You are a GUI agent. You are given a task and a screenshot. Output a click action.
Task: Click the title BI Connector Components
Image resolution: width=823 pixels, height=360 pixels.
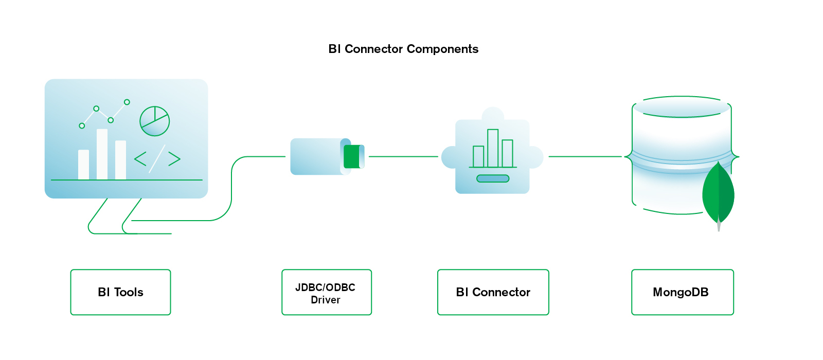pos(403,49)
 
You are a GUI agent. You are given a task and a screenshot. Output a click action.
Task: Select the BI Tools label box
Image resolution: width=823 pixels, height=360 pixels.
pos(120,292)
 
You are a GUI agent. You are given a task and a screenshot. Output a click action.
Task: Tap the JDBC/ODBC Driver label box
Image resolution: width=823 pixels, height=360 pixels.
pos(326,292)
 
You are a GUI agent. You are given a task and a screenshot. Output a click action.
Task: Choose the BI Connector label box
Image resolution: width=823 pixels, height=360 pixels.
pos(493,292)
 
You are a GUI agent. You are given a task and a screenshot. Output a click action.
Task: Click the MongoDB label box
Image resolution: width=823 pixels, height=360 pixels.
pos(682,292)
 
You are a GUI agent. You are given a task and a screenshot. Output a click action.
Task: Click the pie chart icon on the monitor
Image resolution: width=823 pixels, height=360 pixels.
pos(154,121)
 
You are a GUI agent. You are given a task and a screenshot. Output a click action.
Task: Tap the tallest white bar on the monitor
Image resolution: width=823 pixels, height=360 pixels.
pos(102,154)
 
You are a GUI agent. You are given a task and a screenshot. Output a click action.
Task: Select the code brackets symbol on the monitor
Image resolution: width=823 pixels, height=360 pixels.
pos(157,158)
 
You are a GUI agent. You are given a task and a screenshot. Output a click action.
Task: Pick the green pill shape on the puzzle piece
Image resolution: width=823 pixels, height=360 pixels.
pos(493,178)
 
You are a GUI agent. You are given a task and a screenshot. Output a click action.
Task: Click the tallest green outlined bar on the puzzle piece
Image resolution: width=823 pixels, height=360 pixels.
pos(493,148)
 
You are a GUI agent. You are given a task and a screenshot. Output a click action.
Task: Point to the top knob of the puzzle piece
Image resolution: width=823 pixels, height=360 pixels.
pos(493,114)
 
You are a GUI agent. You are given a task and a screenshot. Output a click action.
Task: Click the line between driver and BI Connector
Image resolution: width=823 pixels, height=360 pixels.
pos(403,156)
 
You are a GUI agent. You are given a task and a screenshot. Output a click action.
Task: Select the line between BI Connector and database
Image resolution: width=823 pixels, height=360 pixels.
pos(585,156)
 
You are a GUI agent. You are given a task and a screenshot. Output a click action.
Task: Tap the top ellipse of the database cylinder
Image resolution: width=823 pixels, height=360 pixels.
pos(682,107)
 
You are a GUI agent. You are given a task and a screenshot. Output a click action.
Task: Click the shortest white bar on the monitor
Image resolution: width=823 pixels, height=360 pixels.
pos(83,165)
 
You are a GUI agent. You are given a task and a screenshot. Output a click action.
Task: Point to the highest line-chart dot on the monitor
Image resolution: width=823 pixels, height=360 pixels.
pos(127,102)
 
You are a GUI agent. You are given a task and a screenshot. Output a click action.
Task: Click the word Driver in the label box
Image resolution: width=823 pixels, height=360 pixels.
pos(326,300)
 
